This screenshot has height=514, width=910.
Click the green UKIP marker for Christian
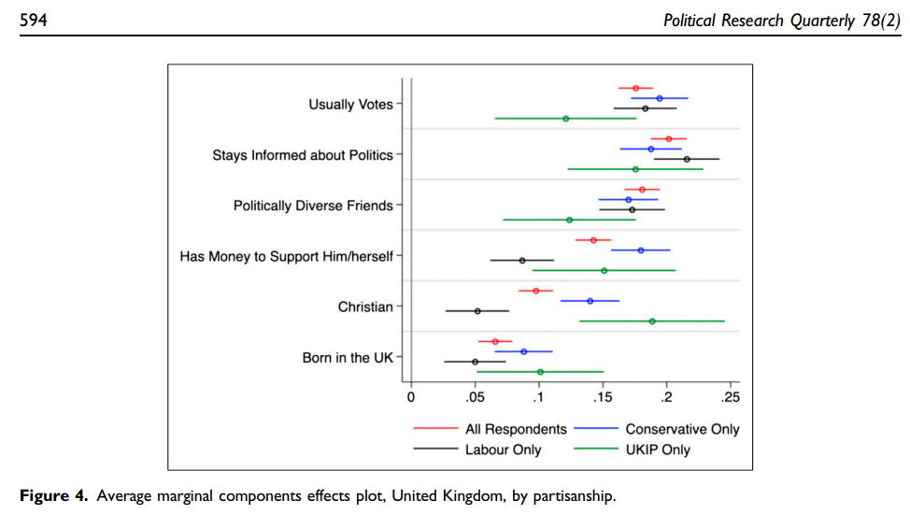pos(652,321)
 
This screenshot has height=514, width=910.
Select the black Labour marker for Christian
pos(477,310)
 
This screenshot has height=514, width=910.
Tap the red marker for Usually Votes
pos(636,88)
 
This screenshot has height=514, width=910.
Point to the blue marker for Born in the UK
pos(524,351)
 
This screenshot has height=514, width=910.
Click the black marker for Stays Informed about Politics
pos(687,159)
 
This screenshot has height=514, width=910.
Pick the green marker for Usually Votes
pos(566,119)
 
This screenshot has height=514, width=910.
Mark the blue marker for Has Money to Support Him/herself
pos(641,250)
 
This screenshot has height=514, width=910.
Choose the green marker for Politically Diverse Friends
pos(570,220)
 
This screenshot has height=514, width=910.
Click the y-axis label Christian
pos(365,307)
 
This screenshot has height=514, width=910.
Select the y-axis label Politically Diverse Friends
pos(313,206)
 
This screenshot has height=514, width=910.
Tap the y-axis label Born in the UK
pos(348,358)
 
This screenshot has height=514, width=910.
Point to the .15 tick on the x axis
pos(603,397)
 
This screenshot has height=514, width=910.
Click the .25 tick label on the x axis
pos(731,397)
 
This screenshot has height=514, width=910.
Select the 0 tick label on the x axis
pos(411,397)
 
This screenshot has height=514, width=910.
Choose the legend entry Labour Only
pos(503,450)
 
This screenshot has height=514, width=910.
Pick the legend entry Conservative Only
pos(682,429)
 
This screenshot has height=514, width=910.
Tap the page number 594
pos(35,19)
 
